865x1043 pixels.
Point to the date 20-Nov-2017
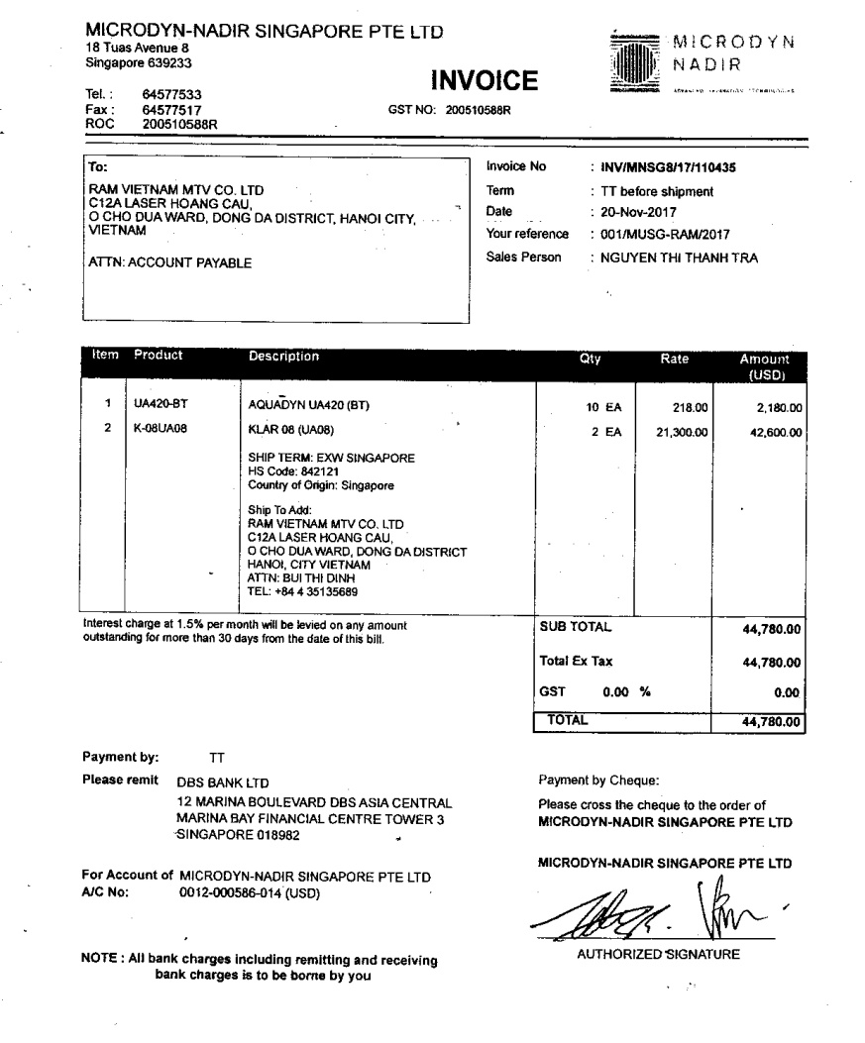click(632, 212)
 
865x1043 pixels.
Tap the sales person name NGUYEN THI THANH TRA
click(674, 258)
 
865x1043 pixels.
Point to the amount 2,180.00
click(778, 406)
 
